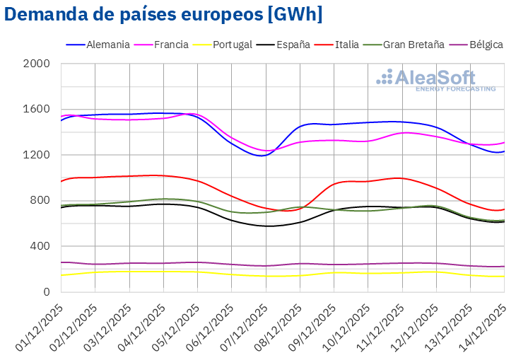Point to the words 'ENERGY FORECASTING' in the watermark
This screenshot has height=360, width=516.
point(455,89)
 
